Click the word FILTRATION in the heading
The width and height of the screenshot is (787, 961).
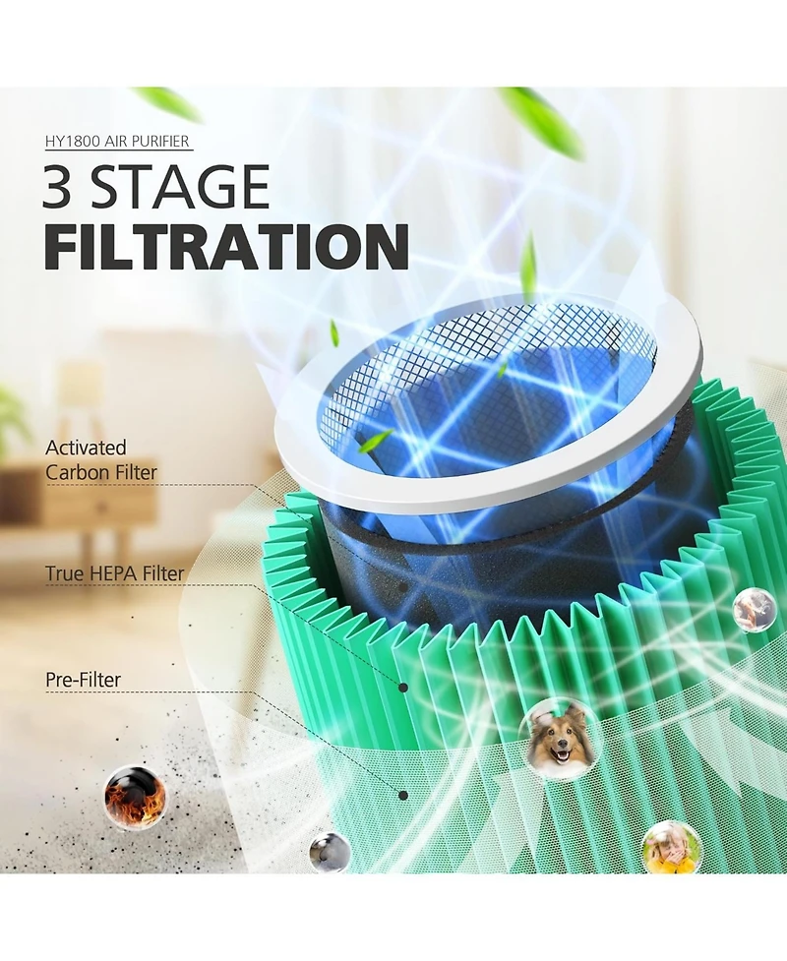(x=226, y=247)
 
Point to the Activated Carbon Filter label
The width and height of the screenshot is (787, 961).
(x=101, y=459)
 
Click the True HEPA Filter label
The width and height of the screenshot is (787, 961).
(x=114, y=573)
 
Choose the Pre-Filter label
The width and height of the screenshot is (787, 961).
(x=83, y=679)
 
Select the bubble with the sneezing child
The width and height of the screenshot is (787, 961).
(x=671, y=847)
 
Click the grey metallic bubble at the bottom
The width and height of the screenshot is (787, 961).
(x=330, y=851)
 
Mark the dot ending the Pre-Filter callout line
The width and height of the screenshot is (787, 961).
(x=402, y=796)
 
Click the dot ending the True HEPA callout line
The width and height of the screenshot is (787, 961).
(x=403, y=688)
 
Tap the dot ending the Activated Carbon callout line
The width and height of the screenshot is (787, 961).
(x=402, y=587)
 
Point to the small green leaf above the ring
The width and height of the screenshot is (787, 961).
(x=335, y=331)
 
